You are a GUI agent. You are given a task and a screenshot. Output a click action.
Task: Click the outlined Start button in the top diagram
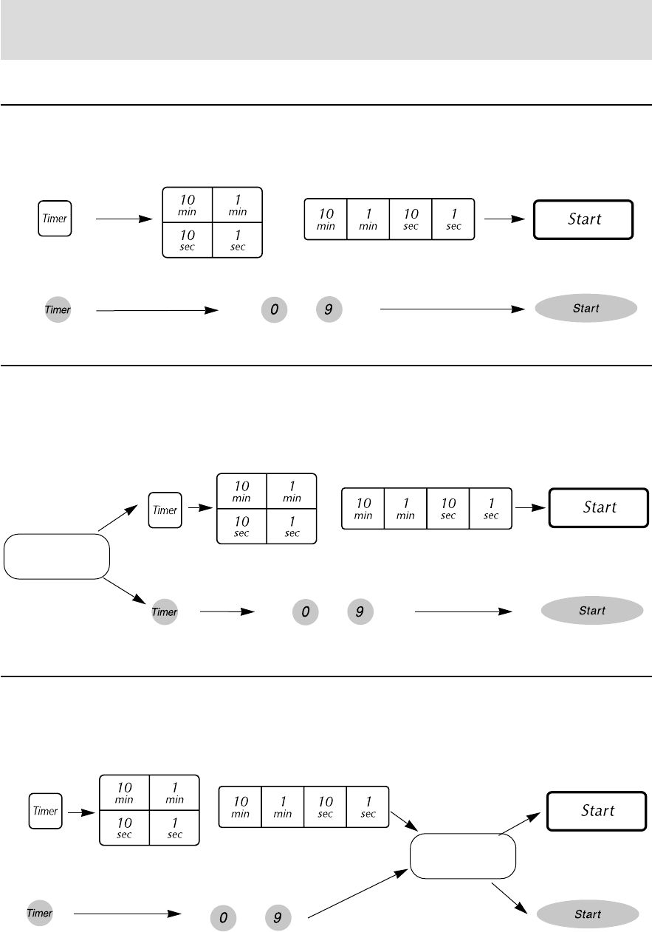pos(583,219)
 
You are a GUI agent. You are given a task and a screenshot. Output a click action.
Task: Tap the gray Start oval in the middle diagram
pos(592,611)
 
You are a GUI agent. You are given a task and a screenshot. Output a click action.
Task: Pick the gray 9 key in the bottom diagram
pos(277,917)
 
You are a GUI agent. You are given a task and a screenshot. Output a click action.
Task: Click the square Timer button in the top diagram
pos(55,219)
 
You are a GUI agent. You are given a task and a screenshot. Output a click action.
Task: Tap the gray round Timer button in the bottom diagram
pos(40,914)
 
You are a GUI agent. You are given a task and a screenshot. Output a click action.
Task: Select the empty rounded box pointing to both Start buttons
pos(462,856)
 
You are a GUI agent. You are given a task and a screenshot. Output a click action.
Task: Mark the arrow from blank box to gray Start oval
pos(510,897)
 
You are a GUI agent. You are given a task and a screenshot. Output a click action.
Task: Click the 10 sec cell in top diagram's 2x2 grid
pos(188,239)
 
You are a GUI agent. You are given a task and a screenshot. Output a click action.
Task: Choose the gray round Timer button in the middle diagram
pos(165,612)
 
